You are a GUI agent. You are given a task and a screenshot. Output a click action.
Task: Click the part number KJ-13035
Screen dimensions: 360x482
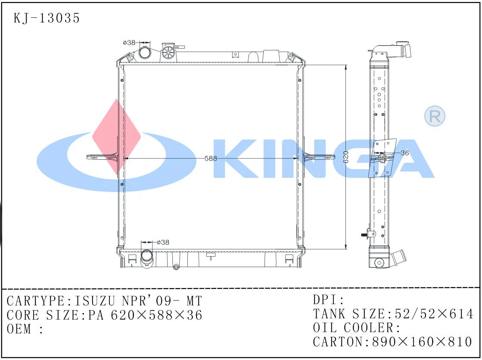47,19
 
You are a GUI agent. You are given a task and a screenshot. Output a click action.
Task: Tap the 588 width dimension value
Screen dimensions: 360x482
211,158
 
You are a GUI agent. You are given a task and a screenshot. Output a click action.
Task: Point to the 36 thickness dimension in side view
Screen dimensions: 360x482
404,152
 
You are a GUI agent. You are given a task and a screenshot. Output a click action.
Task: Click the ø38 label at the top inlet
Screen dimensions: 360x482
129,43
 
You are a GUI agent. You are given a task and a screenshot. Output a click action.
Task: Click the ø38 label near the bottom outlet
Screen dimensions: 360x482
163,242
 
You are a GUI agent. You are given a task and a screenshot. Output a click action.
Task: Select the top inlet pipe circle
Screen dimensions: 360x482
145,53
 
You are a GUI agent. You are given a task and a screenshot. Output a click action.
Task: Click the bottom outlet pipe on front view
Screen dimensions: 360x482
146,258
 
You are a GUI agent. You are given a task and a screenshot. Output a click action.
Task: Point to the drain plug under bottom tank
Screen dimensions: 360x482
176,267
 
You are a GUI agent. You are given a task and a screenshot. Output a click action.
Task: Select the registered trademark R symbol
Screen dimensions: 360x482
434,116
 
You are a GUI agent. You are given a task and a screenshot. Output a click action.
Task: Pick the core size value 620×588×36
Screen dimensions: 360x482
156,315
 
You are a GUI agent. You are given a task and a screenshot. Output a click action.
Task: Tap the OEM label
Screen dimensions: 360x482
19,329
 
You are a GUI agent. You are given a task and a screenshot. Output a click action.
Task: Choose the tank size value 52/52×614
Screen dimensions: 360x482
431,314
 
